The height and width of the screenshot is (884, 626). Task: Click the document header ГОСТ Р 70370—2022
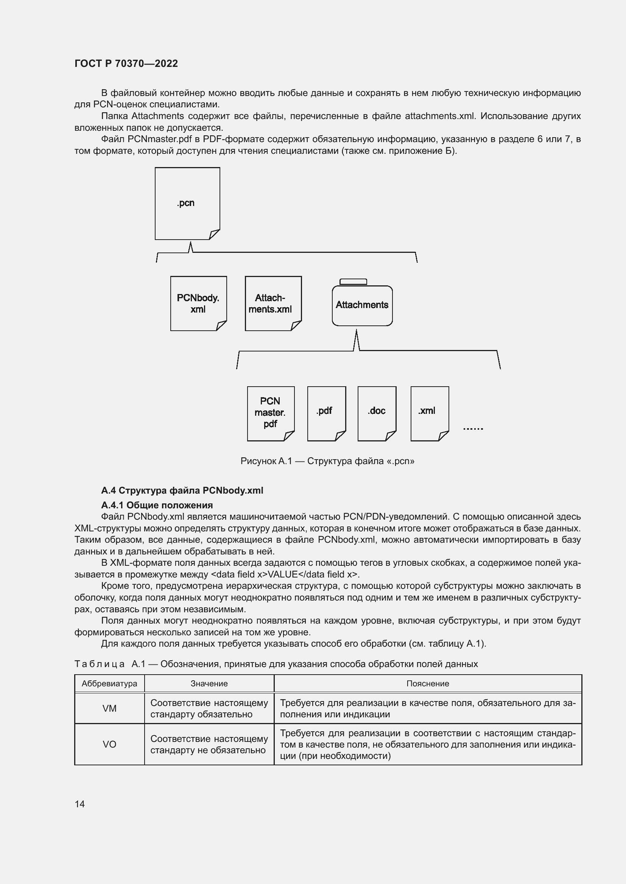pos(126,63)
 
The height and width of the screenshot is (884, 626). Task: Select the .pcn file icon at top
pos(187,203)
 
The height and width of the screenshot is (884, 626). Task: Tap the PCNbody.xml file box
pos(198,303)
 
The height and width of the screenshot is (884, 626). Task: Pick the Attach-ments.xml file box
pos(273,303)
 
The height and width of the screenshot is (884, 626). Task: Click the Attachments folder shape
pos(362,305)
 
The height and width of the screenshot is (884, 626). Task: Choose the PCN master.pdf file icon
pos(270,413)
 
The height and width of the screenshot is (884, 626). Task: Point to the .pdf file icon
pos(326,413)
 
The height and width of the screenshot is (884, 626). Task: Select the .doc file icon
pos(377,413)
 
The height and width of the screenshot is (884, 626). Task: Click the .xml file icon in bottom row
pos(430,413)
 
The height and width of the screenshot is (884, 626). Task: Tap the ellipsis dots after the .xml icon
pos(473,429)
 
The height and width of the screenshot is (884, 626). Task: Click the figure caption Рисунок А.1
pos(327,461)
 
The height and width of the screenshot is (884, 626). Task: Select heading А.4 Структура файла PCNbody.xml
pos(182,490)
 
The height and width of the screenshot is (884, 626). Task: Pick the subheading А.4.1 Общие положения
pos(157,505)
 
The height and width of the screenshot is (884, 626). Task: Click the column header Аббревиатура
pos(109,683)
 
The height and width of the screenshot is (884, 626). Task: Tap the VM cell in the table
pos(109,708)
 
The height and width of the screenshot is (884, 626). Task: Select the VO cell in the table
pos(109,744)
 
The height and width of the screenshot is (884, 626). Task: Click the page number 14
pos(80,804)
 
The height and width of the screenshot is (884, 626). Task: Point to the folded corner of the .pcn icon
pos(214,234)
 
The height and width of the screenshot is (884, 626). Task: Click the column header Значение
pos(209,683)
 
